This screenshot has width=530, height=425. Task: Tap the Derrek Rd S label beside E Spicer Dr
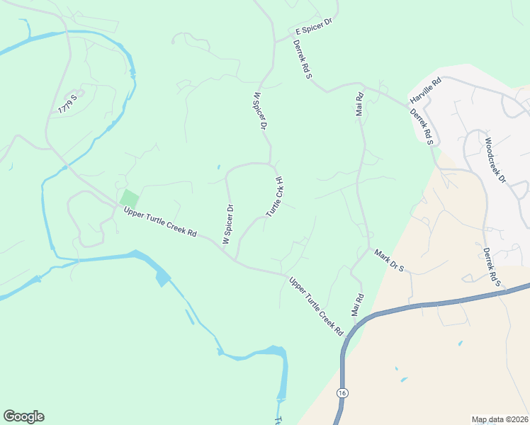[303, 59]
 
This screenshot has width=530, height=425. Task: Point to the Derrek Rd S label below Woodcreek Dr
[492, 266]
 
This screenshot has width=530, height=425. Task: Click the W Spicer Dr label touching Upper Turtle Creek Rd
[227, 225]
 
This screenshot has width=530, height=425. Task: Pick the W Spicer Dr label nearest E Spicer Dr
[259, 110]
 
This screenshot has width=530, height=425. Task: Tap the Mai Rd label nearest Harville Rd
[359, 105]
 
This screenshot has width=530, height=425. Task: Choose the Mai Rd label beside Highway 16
[357, 305]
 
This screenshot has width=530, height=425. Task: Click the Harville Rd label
[425, 90]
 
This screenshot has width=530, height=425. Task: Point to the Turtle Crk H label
[275, 197]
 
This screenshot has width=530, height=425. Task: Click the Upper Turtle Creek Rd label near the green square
[159, 222]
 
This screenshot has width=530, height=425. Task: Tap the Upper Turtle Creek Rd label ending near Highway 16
[316, 306]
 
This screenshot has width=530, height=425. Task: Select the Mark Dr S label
[388, 260]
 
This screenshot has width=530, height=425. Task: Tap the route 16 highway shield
[343, 392]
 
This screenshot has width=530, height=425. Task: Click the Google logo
[23, 416]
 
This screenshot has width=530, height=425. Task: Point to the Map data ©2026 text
[500, 419]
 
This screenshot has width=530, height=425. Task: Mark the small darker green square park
[129, 199]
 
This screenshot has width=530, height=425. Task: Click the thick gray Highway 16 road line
[425, 305]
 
